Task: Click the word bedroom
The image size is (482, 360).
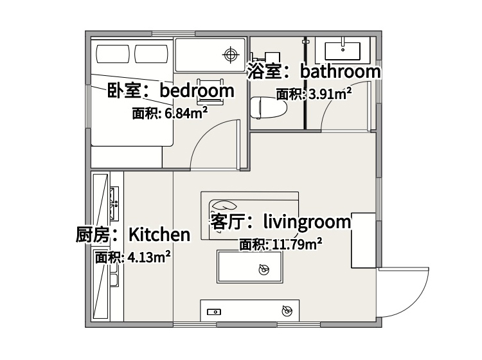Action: (197, 91)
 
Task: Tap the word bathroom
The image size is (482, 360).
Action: (340, 71)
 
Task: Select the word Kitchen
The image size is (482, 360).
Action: (159, 235)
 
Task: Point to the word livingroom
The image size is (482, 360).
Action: (307, 222)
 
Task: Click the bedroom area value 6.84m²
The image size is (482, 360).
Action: (186, 113)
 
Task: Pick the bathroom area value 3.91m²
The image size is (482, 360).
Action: (330, 94)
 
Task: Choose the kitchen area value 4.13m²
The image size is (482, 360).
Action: (149, 257)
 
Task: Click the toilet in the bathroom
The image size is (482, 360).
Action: (269, 107)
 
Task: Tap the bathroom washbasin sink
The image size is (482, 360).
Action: (343, 51)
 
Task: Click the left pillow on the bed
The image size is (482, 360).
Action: (113, 54)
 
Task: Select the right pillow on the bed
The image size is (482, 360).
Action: (151, 54)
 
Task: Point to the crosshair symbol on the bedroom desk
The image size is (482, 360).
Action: (231, 55)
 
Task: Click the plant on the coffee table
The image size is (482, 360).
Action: (263, 269)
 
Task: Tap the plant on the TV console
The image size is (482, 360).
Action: (287, 310)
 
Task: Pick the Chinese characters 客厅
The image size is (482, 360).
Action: (227, 222)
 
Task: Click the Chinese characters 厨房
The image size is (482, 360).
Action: (93, 235)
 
